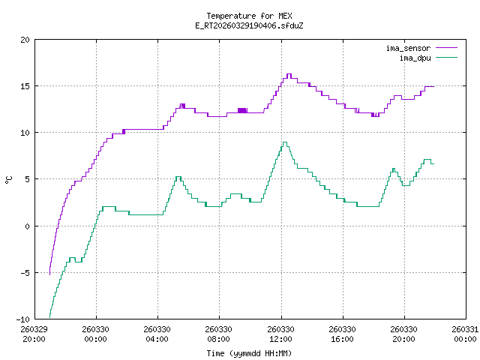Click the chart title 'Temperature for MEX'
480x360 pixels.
pyautogui.click(x=248, y=16)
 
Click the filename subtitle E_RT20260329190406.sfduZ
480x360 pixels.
pyautogui.click(x=248, y=25)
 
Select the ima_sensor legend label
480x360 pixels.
pyautogui.click(x=408, y=48)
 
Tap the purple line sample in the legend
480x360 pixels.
pyautogui.click(x=445, y=48)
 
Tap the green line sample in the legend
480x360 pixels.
pyautogui.click(x=445, y=57)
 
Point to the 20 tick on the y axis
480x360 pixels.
pyautogui.click(x=25, y=40)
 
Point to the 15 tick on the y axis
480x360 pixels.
pyautogui.click(x=25, y=86)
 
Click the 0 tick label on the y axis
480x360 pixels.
pyautogui.click(x=28, y=226)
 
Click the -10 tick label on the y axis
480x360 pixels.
pyautogui.click(x=23, y=319)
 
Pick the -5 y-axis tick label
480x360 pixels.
pyautogui.click(x=25, y=272)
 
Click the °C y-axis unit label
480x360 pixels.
pyautogui.click(x=9, y=179)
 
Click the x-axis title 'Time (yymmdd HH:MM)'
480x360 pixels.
pyautogui.click(x=248, y=352)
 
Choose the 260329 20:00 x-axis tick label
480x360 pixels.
pyautogui.click(x=34, y=334)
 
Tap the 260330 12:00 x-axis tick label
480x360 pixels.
pyautogui.click(x=280, y=334)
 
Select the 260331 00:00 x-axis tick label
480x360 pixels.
pyautogui.click(x=465, y=334)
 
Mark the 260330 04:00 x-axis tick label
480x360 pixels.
pyautogui.click(x=157, y=334)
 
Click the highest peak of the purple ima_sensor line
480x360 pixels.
pyautogui.click(x=289, y=74)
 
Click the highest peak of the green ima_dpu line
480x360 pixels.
pyautogui.click(x=285, y=142)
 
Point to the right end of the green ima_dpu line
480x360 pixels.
pyautogui.click(x=433, y=163)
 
